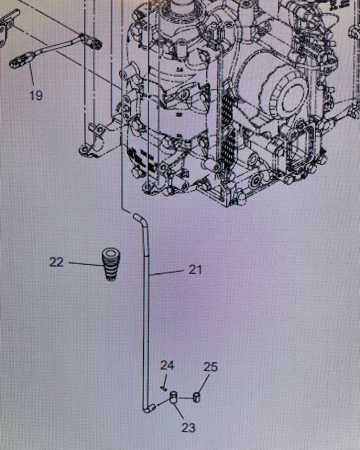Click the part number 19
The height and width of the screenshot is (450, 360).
point(36,95)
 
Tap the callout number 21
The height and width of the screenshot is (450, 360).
point(195,269)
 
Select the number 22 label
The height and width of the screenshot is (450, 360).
point(56,262)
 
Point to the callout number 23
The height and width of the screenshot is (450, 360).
point(188,427)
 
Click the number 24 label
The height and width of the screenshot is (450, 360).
point(166,365)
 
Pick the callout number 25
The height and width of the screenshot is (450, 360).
point(210,367)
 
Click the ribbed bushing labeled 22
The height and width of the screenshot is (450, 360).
point(111,263)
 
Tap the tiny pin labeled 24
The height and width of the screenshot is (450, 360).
point(163,390)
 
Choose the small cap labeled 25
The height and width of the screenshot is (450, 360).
point(197,396)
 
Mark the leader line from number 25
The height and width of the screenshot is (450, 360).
point(204,383)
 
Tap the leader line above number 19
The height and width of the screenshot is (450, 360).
point(32,76)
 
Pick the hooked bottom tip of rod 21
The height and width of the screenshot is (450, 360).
point(149,407)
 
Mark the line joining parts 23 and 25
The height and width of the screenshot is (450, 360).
point(186,396)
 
